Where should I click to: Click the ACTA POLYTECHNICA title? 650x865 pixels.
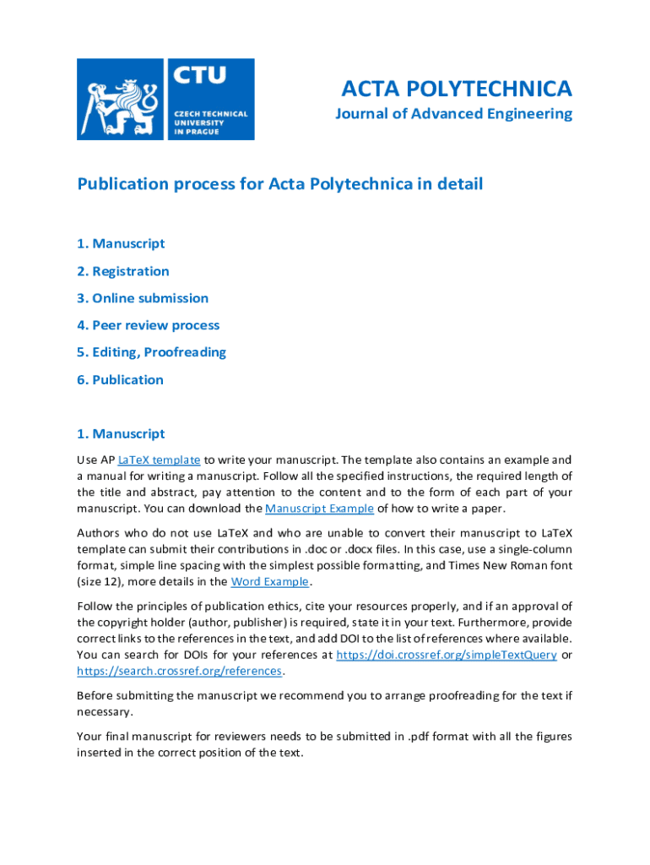456,88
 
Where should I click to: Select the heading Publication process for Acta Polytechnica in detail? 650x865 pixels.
279,184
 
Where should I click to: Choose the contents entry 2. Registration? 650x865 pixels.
122,271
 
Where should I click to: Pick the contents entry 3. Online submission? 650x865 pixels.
142,298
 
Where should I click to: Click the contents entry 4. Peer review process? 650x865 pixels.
148,325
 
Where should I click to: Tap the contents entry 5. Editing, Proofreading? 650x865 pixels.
151,352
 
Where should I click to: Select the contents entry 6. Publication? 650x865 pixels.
120,379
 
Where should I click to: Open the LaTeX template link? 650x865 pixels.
160,460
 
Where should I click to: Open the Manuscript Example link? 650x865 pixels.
319,509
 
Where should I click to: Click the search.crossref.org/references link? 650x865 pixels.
179,671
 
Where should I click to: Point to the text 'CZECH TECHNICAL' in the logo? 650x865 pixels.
211,114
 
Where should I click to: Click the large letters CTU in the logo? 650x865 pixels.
200,77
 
